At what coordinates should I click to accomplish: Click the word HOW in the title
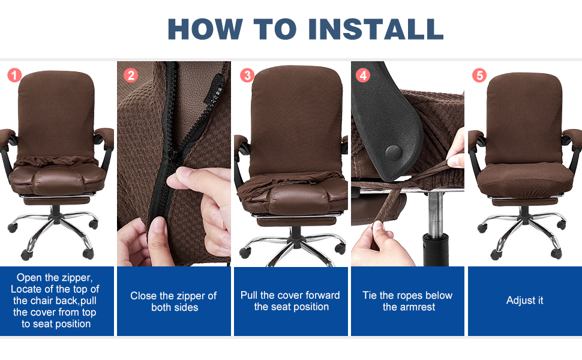(204, 28)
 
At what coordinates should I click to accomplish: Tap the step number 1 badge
(14, 75)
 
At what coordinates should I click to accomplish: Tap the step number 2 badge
(131, 75)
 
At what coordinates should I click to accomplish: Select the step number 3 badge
(247, 75)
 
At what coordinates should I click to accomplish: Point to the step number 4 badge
(363, 75)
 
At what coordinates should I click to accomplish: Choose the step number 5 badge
(479, 75)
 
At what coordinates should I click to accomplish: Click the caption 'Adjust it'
(525, 301)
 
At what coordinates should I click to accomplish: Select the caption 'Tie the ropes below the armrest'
(407, 301)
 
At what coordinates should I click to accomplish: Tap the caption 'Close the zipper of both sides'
(174, 301)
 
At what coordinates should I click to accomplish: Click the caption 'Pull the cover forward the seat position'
(290, 301)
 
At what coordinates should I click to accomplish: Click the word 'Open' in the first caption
(29, 278)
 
